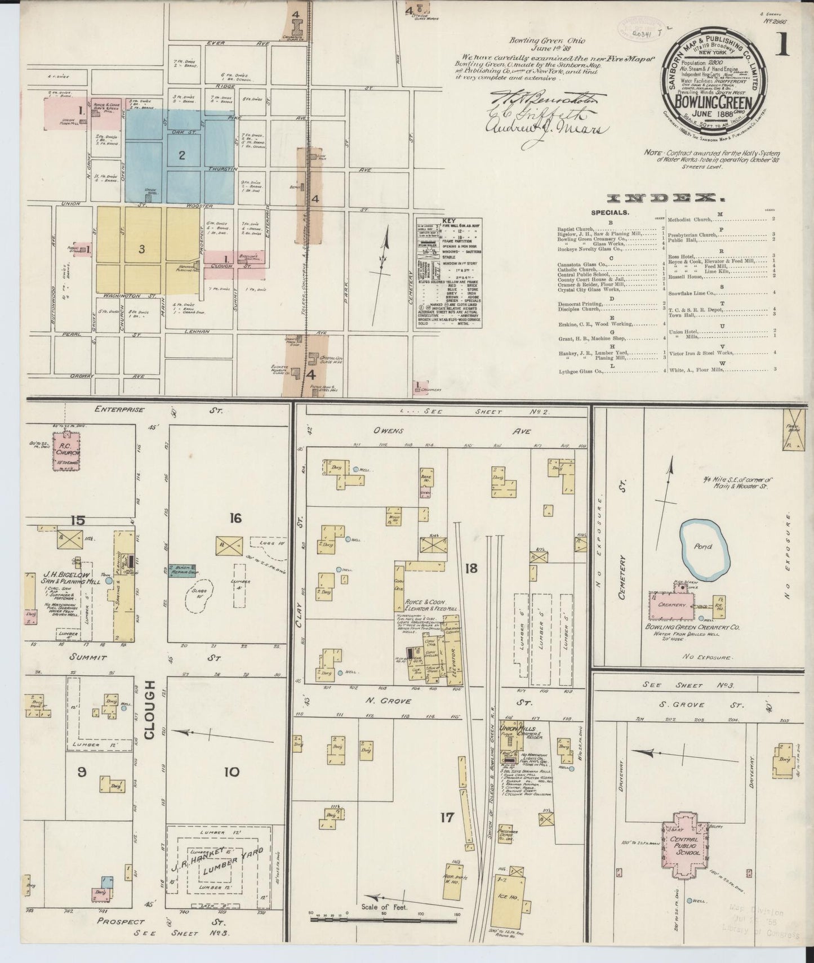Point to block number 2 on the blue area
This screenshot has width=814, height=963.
tap(182, 155)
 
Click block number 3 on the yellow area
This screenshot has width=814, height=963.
tap(142, 249)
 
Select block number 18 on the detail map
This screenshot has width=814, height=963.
tap(471, 568)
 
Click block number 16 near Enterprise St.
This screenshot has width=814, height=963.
tap(235, 517)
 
